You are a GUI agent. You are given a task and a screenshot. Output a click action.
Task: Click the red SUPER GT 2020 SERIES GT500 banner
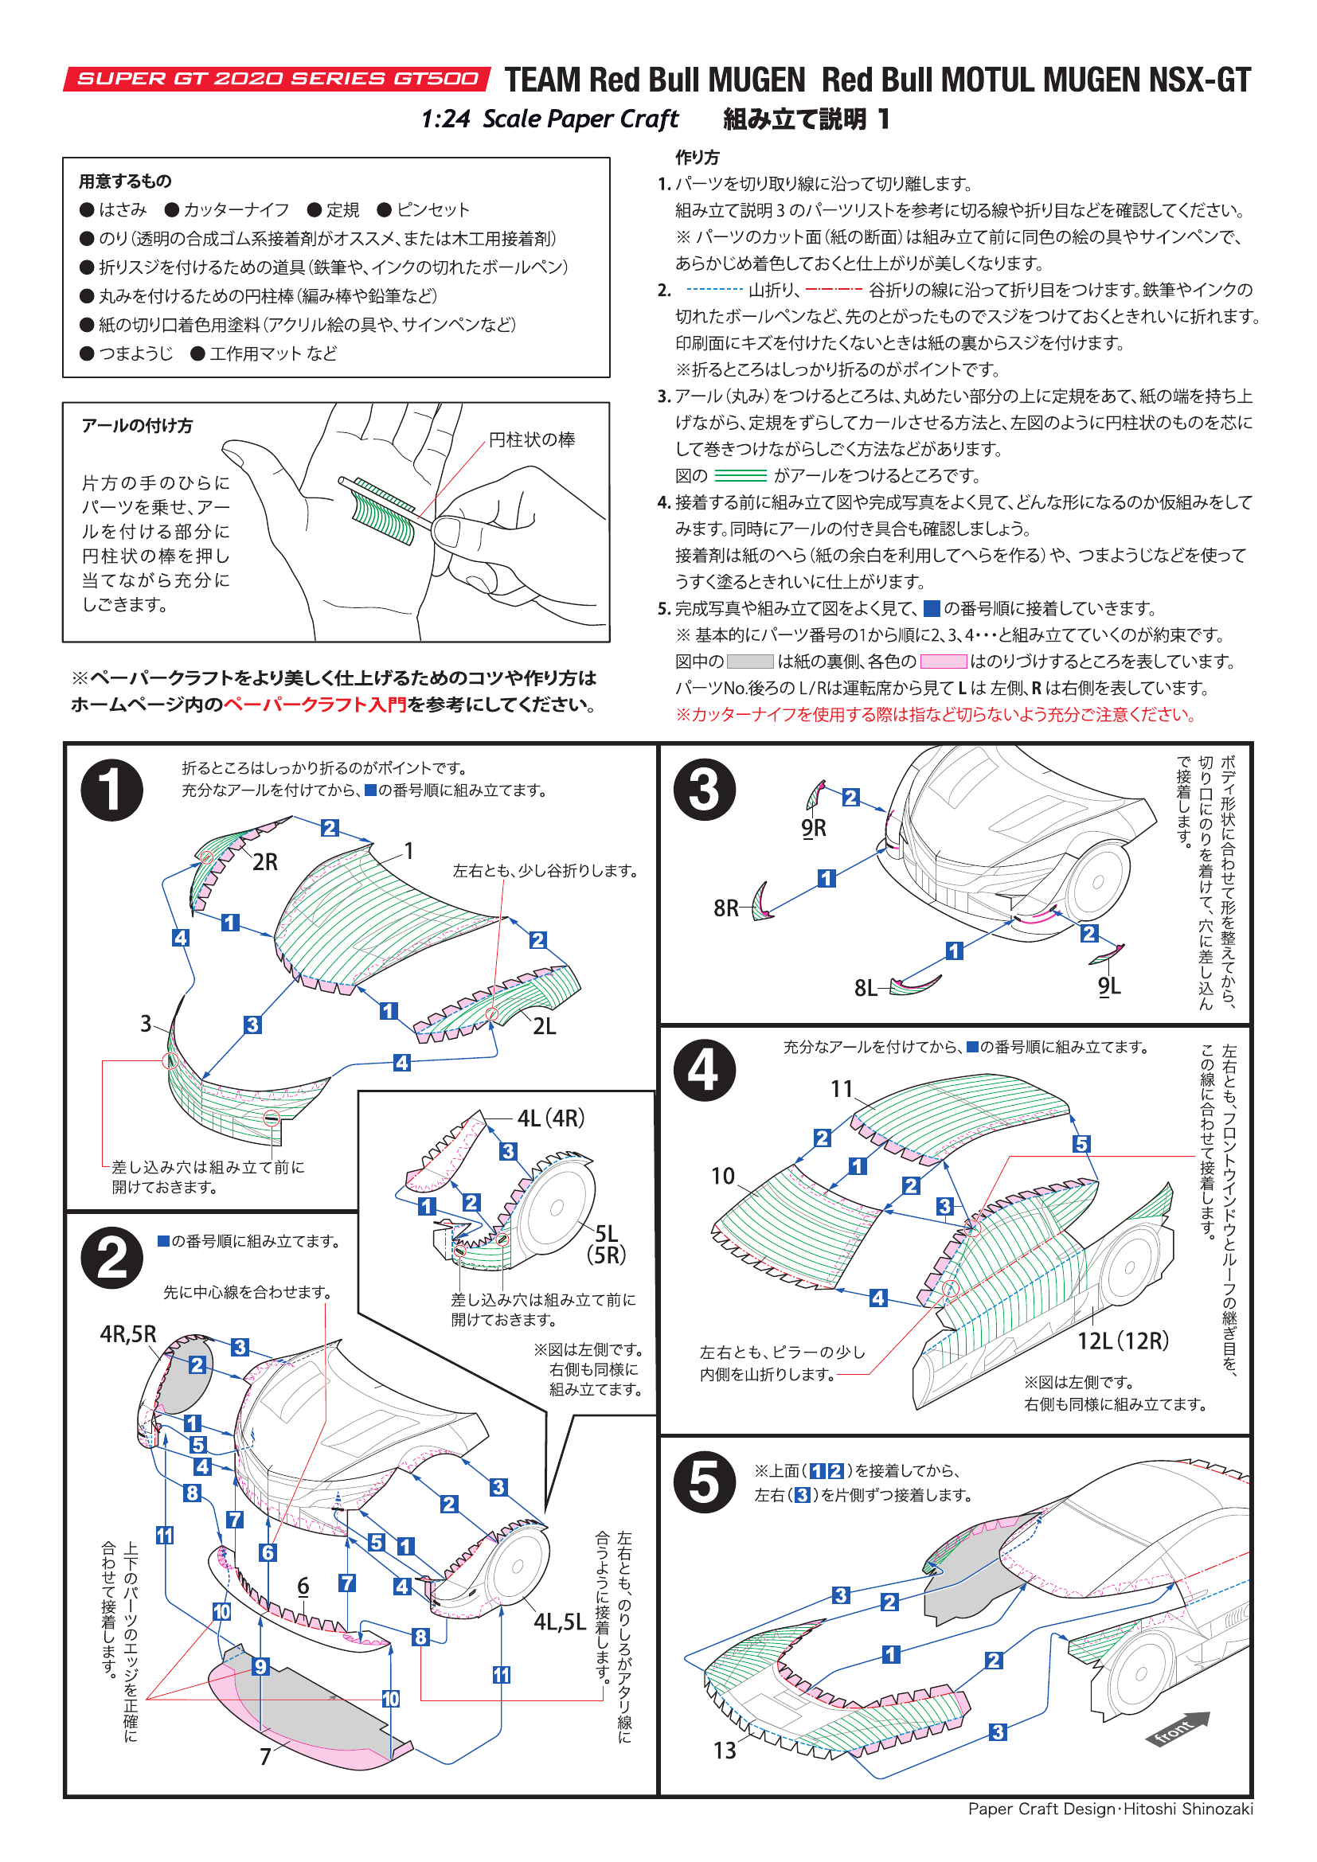pyautogui.click(x=276, y=79)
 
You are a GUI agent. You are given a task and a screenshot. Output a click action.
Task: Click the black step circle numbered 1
pyautogui.click(x=112, y=790)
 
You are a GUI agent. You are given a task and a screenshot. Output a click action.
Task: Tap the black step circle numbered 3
pyautogui.click(x=704, y=790)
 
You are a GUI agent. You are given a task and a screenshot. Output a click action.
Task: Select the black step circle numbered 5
pyautogui.click(x=704, y=1481)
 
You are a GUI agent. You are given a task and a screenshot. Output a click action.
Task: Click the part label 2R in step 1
pyautogui.click(x=264, y=862)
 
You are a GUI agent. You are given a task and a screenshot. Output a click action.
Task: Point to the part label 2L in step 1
pyautogui.click(x=544, y=1027)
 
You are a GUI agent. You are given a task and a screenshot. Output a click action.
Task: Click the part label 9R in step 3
pyautogui.click(x=814, y=828)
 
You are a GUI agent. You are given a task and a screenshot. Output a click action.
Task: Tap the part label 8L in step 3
pyautogui.click(x=866, y=988)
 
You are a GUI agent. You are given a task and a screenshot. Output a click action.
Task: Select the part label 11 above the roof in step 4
pyautogui.click(x=842, y=1088)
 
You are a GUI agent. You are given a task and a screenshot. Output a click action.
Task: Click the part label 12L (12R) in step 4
pyautogui.click(x=1123, y=1341)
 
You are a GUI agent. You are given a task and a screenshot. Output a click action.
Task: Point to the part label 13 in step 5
pyautogui.click(x=724, y=1750)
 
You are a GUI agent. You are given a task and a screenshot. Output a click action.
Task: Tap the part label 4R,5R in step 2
pyautogui.click(x=128, y=1334)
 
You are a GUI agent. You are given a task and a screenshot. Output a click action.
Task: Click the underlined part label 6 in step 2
pyautogui.click(x=303, y=1586)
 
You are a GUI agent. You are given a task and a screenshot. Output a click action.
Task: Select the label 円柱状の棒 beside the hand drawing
pyautogui.click(x=531, y=439)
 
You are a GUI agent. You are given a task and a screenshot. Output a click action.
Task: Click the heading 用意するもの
pyautogui.click(x=125, y=181)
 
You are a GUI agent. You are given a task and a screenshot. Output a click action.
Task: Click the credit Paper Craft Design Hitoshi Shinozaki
pyautogui.click(x=1110, y=1809)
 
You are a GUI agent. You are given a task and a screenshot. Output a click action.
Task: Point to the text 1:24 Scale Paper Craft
pyautogui.click(x=549, y=119)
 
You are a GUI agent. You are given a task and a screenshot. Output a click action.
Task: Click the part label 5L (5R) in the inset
pyautogui.click(x=607, y=1244)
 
